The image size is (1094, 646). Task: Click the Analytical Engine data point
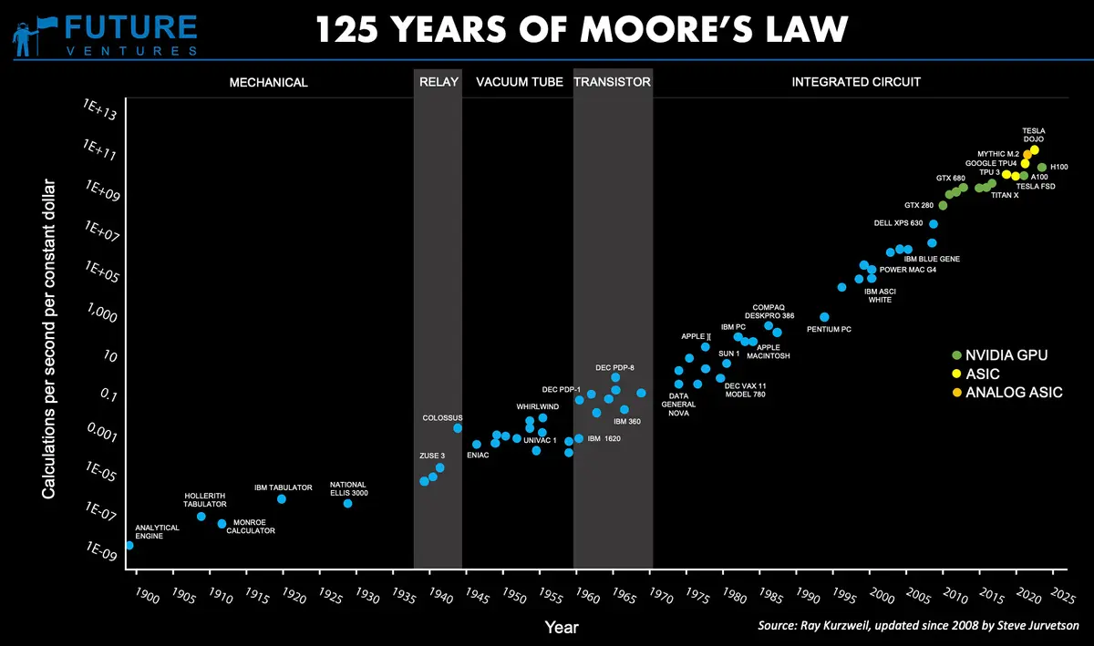point(129,545)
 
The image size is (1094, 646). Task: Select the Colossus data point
point(458,428)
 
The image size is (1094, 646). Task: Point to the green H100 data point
point(1042,168)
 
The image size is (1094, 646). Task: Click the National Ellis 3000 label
point(348,489)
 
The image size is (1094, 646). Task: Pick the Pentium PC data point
point(824,317)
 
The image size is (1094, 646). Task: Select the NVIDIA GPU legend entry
point(999,354)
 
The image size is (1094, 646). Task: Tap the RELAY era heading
point(438,82)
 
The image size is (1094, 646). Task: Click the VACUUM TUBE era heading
point(520,82)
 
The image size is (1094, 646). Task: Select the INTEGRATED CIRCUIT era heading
point(856,82)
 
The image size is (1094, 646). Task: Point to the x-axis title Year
point(561,628)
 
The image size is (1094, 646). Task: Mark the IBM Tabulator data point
point(282,499)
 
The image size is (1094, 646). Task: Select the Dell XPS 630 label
point(898,223)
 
